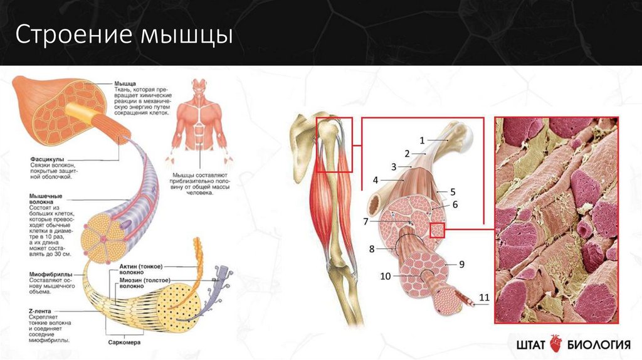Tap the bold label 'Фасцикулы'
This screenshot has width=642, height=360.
click(46, 159)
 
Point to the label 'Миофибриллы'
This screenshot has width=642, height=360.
click(49, 274)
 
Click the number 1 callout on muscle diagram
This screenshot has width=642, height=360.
click(422, 139)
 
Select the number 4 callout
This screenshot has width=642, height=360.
click(376, 180)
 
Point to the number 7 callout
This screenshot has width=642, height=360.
click(366, 221)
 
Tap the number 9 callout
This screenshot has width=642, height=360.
click(461, 264)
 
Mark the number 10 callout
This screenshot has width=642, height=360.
click(385, 276)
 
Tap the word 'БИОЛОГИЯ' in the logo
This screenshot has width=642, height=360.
click(598, 344)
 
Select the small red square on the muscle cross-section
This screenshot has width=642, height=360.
click(437, 230)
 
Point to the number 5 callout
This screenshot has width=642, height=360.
click(452, 191)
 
